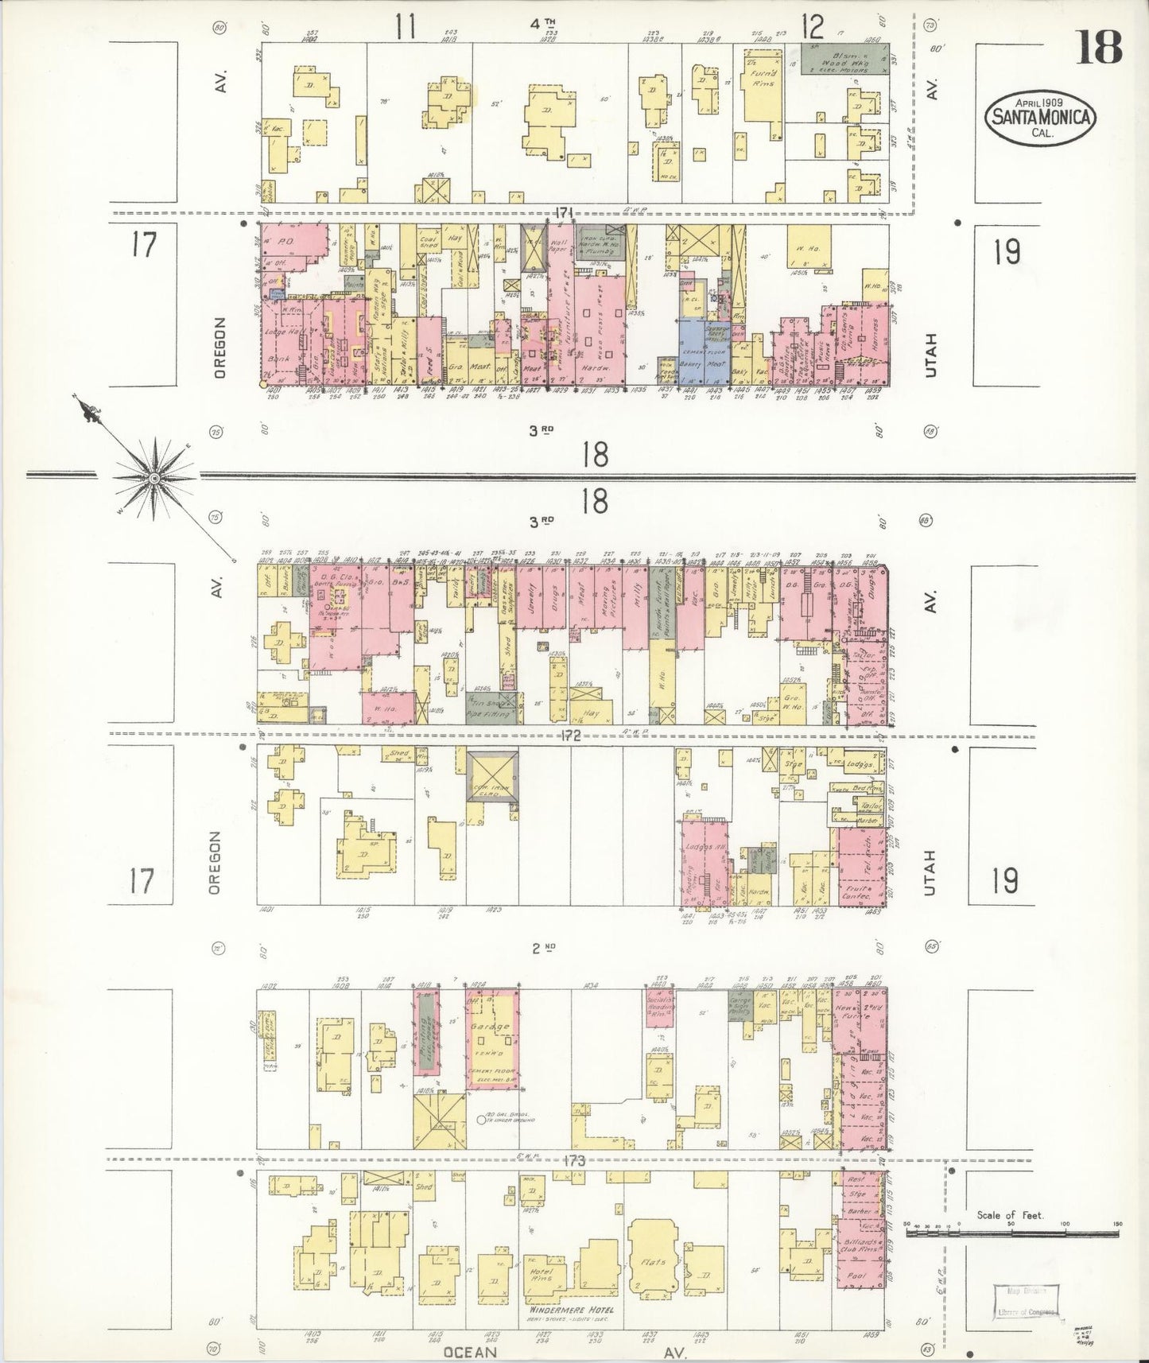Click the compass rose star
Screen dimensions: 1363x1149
coord(153,477)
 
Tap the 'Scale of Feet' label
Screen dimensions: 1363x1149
coord(1010,1214)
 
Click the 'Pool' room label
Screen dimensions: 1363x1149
coord(859,1275)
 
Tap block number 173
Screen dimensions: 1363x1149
coord(572,1162)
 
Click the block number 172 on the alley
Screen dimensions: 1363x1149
coord(570,736)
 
